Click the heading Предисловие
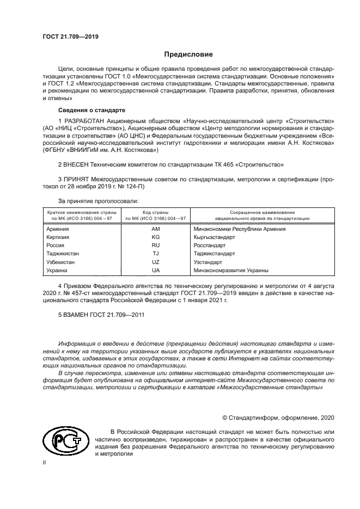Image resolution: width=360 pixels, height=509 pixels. pyautogui.click(x=189, y=54)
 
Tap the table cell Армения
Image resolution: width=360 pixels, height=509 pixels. pyautogui.click(x=58, y=229)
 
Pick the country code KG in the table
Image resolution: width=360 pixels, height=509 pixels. pyautogui.click(x=155, y=237)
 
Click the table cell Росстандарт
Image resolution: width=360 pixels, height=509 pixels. pyautogui.click(x=210, y=246)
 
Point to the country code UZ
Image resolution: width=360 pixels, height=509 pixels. pyautogui.click(x=155, y=262)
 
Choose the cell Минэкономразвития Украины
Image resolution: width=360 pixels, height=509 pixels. pyautogui.click(x=231, y=270)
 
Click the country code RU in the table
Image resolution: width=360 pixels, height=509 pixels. pyautogui.click(x=155, y=246)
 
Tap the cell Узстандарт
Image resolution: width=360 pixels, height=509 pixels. pyautogui.click(x=208, y=262)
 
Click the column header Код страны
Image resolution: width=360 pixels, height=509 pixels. pyautogui.click(x=155, y=212)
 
